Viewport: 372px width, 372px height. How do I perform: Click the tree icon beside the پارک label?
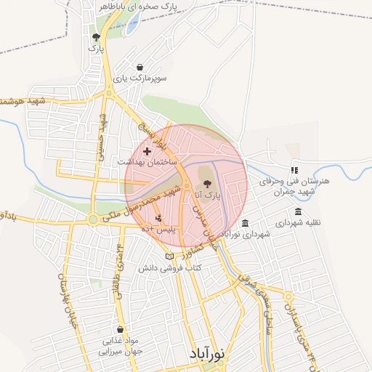coord(95,37)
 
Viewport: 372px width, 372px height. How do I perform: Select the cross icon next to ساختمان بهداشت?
coord(147,152)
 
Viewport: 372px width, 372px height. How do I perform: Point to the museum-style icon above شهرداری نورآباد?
coord(246,223)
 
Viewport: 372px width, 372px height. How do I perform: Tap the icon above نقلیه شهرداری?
coord(298,211)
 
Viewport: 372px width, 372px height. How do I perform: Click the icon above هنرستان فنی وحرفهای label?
coord(294,169)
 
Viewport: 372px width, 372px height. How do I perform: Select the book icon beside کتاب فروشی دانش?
coord(170,256)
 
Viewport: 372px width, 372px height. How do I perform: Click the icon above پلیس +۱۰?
coord(159,217)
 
